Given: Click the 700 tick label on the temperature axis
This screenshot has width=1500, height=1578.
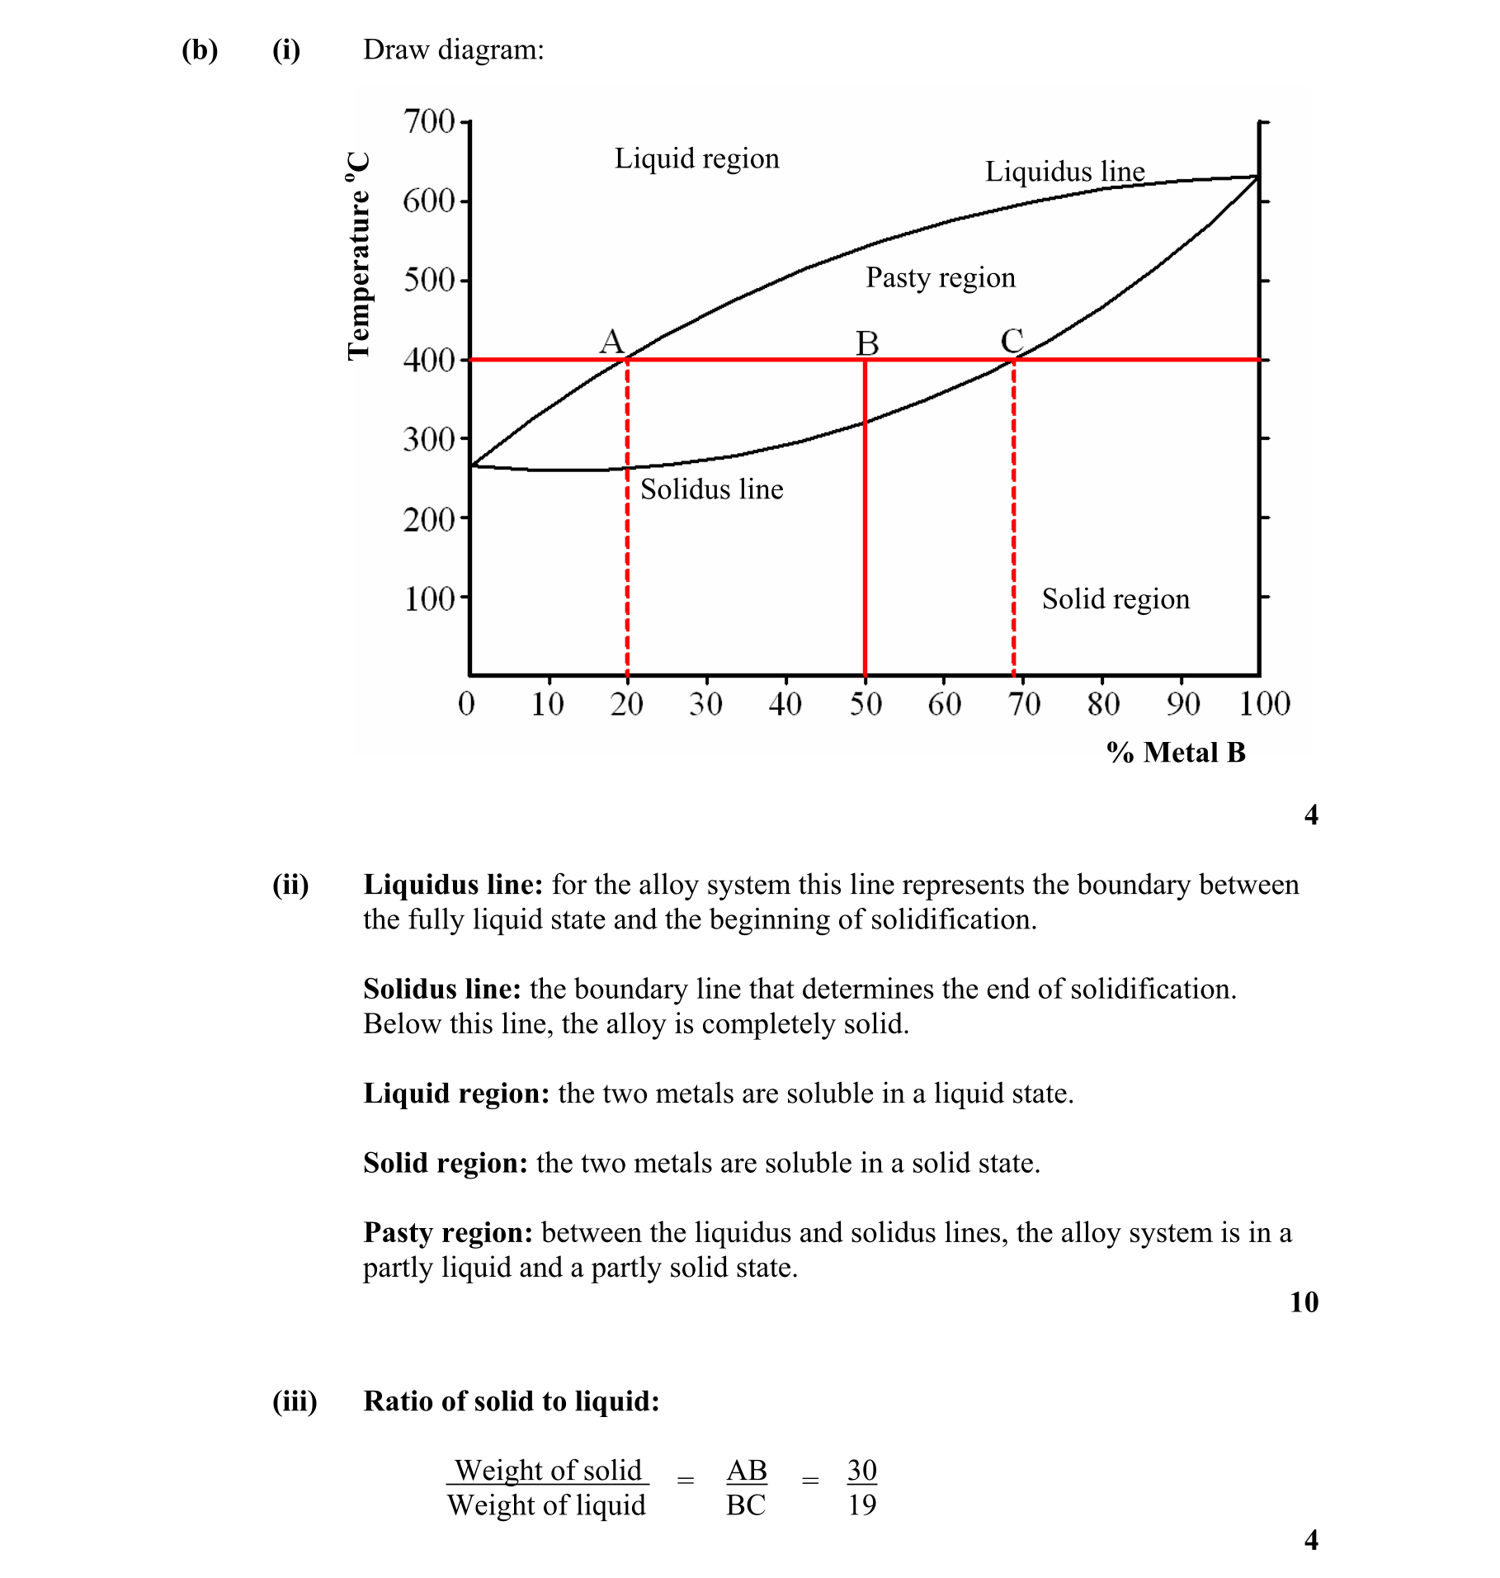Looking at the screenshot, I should click(429, 121).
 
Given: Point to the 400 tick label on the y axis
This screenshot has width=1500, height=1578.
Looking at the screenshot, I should click(429, 360).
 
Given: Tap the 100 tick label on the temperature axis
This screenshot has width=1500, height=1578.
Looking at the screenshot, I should click(429, 598).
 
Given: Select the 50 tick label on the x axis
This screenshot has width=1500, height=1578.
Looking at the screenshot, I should click(866, 704).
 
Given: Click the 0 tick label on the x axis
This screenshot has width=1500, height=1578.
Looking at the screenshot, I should click(467, 704).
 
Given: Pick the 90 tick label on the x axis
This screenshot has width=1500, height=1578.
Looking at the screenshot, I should click(1182, 704).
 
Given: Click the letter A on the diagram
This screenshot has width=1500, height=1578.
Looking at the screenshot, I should click(611, 341).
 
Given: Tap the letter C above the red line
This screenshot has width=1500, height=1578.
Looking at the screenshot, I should click(1012, 341).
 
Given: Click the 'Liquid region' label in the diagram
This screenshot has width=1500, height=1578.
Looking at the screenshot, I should click(696, 158).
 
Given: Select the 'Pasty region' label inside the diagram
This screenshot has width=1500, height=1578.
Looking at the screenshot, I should click(940, 277).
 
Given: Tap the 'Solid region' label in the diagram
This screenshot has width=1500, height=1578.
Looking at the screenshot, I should click(1116, 599).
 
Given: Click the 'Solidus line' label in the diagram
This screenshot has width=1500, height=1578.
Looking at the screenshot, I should click(711, 489).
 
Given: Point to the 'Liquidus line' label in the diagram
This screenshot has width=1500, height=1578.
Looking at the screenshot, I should click(1064, 172).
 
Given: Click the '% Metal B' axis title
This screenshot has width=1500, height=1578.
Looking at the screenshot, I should click(1176, 753).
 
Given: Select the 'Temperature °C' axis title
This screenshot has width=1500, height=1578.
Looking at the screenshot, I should click(358, 256).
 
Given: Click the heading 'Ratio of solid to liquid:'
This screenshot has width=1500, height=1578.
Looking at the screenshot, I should click(512, 1401).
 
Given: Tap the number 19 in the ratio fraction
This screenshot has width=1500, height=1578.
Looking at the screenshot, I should click(862, 1505).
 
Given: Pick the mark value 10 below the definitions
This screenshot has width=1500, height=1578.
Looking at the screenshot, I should click(1304, 1302).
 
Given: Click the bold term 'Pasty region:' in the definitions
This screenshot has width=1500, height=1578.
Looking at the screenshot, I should click(448, 1233).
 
